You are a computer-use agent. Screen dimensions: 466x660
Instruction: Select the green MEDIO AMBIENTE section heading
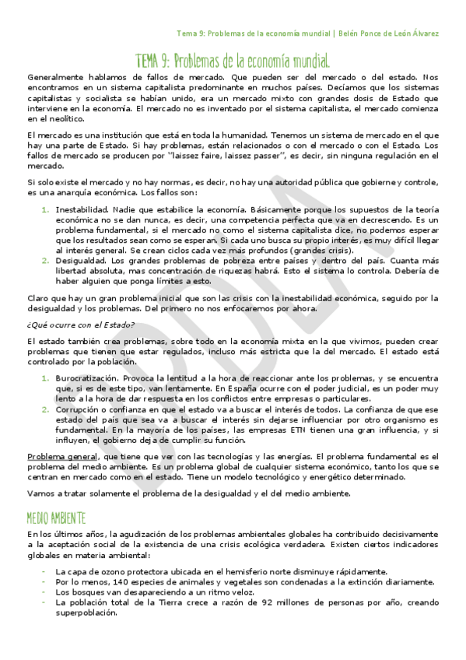click(x=57, y=518)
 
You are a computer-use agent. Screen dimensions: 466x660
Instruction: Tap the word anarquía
click(x=67, y=192)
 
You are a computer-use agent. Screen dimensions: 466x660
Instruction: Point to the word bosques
click(x=83, y=592)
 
